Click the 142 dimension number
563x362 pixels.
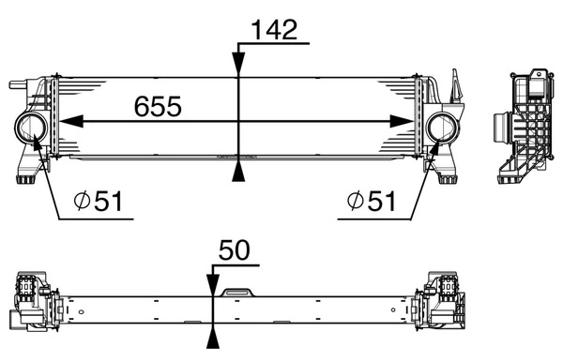pyautogui.click(x=275, y=29)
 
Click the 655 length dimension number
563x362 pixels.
pyautogui.click(x=158, y=106)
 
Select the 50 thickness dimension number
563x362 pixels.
pyautogui.click(x=234, y=250)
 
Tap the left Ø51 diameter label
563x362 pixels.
pyautogui.click(x=98, y=201)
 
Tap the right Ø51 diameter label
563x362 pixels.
pyautogui.click(x=372, y=201)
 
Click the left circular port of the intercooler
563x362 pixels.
pyautogui.click(x=31, y=128)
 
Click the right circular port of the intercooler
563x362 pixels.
pyautogui.click(x=442, y=128)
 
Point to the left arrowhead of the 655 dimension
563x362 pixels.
pyautogui.click(x=70, y=122)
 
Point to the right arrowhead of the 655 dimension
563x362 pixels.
pyautogui.click(x=402, y=122)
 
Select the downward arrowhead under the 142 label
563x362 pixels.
pyautogui.click(x=238, y=64)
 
